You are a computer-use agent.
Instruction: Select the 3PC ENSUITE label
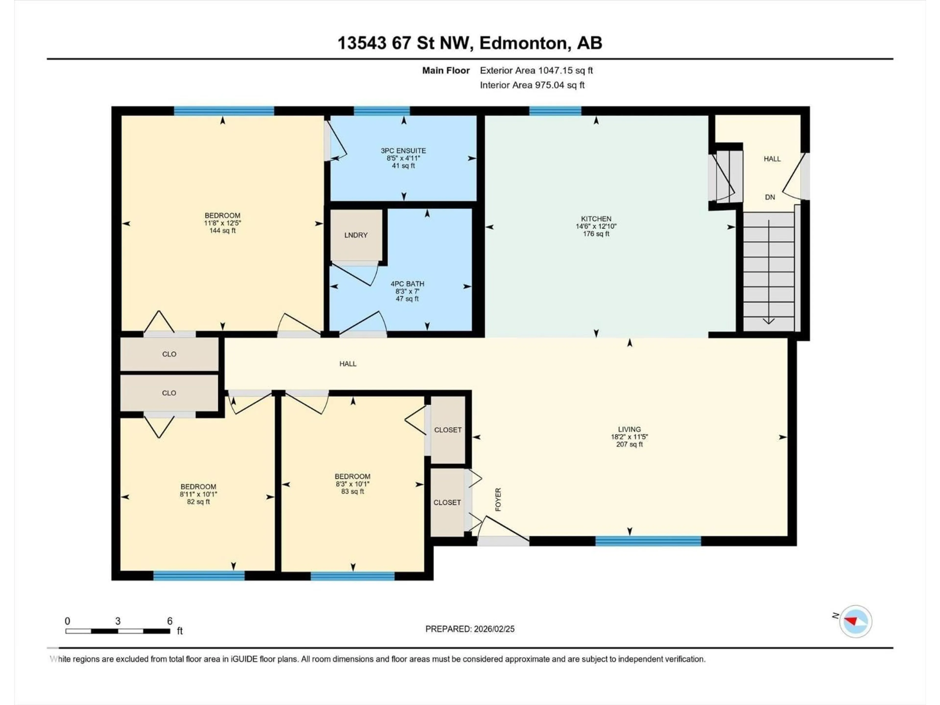[x=403, y=151]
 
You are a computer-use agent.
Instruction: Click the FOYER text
[x=498, y=499]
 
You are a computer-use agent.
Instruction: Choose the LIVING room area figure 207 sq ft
[x=629, y=445]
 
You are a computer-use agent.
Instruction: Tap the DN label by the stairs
[x=770, y=197]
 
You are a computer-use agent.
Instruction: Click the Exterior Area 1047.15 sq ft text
[x=536, y=70]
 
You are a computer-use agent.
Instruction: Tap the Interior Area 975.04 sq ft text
[x=532, y=85]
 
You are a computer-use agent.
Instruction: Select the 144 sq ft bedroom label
[x=222, y=231]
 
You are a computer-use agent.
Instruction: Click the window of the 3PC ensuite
[x=382, y=111]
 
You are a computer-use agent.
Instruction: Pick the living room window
[x=648, y=541]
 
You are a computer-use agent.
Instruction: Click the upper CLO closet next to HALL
[x=169, y=354]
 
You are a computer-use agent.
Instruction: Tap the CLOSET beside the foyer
[x=447, y=502]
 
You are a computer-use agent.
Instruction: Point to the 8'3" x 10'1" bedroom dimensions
[x=352, y=484]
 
